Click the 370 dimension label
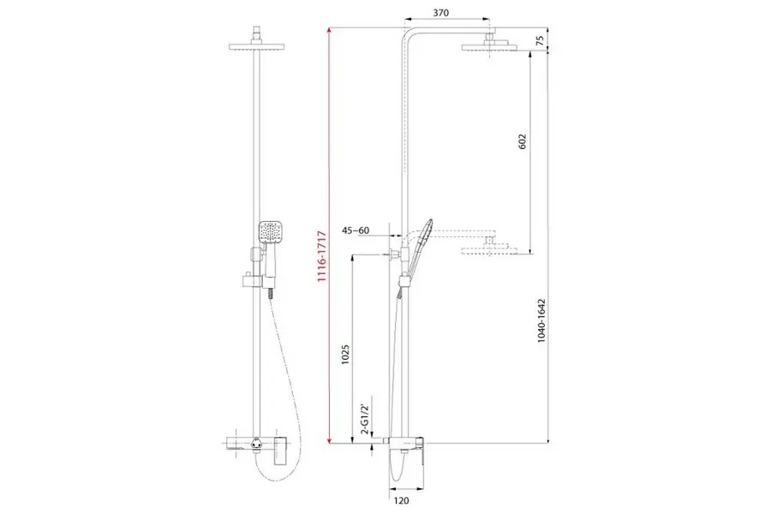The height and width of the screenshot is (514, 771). click(x=441, y=14)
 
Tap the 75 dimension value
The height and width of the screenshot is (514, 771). click(x=540, y=41)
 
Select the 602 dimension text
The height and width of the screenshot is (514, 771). click(x=523, y=141)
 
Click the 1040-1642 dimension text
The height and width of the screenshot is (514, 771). click(x=541, y=320)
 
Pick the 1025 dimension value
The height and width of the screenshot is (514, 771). click(x=345, y=354)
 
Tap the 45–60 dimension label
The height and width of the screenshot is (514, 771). click(x=356, y=230)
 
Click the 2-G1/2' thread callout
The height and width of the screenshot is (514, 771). click(x=364, y=419)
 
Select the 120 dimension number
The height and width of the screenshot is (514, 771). click(x=402, y=500)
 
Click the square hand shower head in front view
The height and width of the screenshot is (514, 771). click(x=270, y=232)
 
